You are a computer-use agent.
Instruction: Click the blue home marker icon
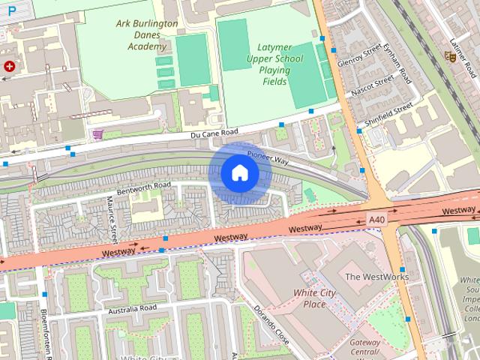pos(240,173)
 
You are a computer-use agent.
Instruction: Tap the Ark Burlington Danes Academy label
pos(147,34)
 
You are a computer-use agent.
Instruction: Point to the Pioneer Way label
pos(268,158)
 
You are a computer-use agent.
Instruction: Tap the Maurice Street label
pos(112,218)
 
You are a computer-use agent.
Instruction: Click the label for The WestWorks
pos(376,277)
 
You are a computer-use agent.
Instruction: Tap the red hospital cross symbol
pos(10,66)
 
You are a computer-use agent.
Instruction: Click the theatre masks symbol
pos(449,55)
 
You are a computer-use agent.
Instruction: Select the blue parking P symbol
pos(10,10)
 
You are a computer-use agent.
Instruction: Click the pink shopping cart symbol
pos(97,134)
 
